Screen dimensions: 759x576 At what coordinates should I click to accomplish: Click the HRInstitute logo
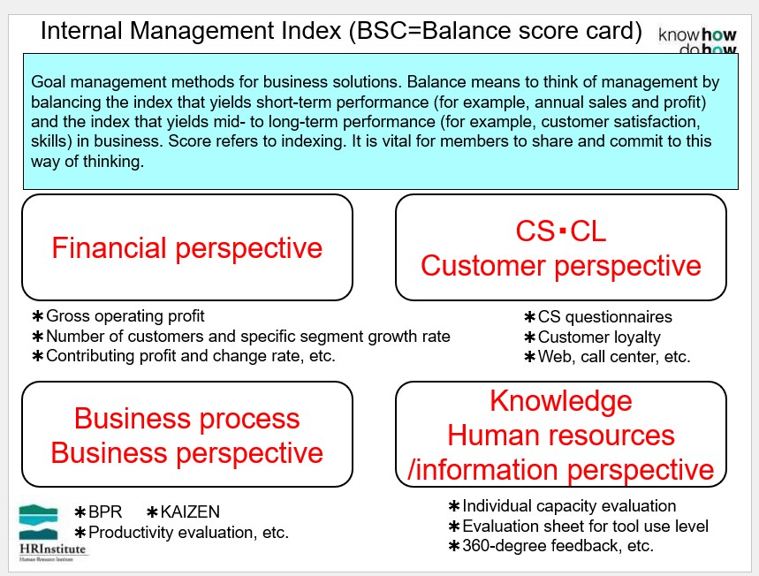pyautogui.click(x=52, y=533)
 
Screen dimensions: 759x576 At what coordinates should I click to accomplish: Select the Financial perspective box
pyautogui.click(x=187, y=247)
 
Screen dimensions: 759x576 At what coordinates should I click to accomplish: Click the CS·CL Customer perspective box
pyautogui.click(x=561, y=247)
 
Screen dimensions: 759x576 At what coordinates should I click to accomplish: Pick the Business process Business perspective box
pyautogui.click(x=187, y=434)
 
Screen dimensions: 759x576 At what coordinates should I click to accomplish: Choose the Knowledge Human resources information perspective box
pyautogui.click(x=561, y=434)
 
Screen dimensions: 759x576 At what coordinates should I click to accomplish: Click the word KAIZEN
pyautogui.click(x=190, y=512)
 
